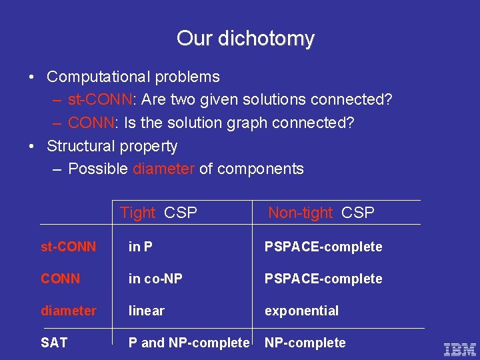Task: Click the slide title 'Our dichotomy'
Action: (245, 39)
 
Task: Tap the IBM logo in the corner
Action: (460, 348)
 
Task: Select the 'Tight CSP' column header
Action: (159, 213)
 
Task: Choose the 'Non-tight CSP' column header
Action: (321, 213)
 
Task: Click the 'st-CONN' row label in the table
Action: (68, 247)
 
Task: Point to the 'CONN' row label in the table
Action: (60, 279)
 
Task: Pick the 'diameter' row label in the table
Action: (68, 311)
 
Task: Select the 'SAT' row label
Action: (54, 343)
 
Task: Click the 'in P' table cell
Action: (140, 247)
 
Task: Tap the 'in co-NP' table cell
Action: (155, 279)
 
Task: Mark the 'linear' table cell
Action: (146, 311)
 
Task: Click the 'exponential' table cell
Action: (301, 311)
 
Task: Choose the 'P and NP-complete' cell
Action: (189, 343)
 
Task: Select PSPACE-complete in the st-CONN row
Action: (323, 247)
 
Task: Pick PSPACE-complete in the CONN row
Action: (323, 279)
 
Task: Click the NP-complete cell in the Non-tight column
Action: (305, 343)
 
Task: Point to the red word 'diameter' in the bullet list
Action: (163, 169)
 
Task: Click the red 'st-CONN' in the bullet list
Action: (101, 100)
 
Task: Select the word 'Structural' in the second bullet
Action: (78, 146)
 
